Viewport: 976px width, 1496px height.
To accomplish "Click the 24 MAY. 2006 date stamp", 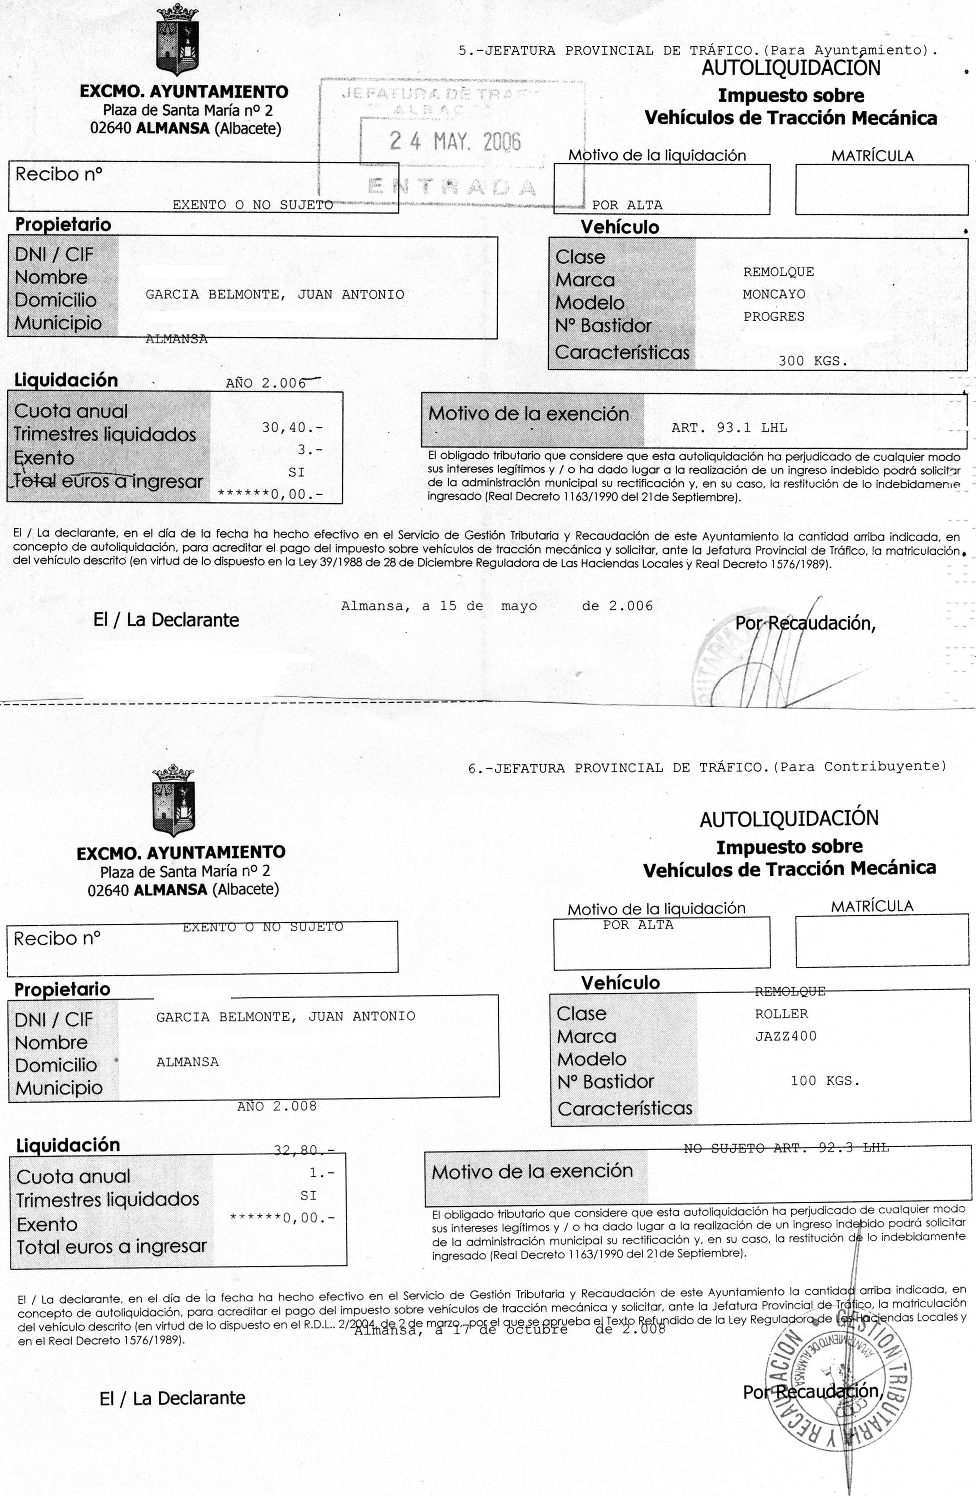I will [455, 141].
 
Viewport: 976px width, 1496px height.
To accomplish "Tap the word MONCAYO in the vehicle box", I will [774, 294].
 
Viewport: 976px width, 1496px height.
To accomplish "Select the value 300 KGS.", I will [813, 361].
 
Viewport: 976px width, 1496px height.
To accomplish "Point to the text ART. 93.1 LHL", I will [729, 428].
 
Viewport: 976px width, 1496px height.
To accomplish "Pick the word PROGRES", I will [774, 317].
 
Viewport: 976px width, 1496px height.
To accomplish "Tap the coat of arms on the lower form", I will [174, 800].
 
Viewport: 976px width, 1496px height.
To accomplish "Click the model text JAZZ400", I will [785, 1036].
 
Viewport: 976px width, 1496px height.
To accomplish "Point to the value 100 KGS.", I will [824, 1081].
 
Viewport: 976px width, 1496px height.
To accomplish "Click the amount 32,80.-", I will [304, 1150].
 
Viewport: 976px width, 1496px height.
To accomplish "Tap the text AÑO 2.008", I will [277, 1106].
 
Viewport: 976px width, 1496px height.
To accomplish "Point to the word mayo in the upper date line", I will [519, 607].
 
